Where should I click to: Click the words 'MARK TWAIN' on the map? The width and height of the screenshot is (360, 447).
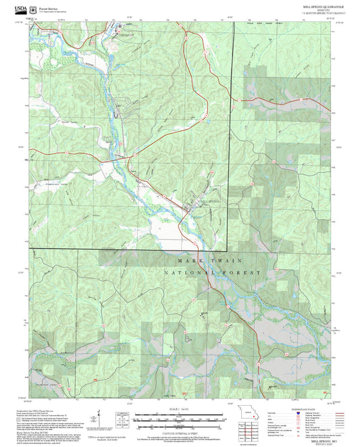[209, 260]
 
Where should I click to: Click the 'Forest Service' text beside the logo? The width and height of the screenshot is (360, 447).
[50, 7]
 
